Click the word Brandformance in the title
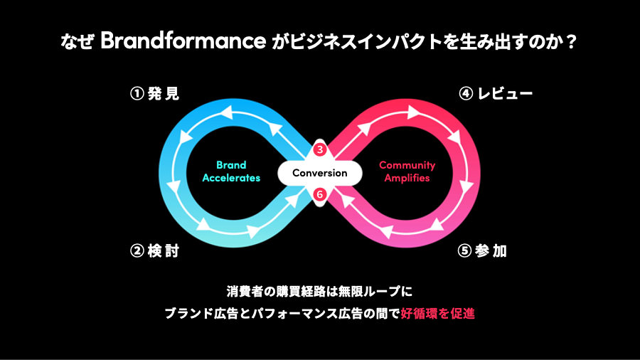182,42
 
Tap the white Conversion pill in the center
320,173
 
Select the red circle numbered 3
320,149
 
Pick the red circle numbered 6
320,194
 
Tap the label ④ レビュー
496,94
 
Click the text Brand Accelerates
231,172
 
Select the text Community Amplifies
407,172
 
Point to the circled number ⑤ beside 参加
465,251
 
